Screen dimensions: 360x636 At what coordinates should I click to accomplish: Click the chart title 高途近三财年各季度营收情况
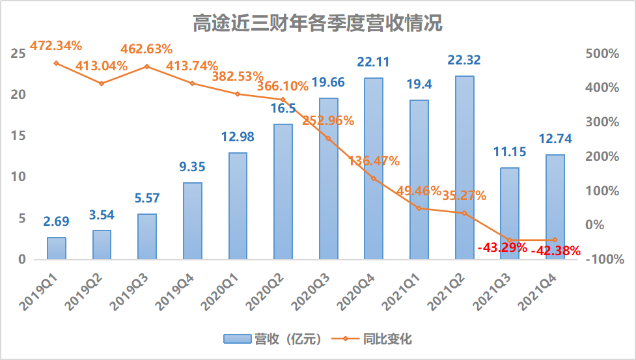point(318,24)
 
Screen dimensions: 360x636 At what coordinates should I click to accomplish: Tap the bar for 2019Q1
point(57,248)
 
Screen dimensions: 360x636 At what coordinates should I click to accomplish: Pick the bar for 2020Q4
point(374,169)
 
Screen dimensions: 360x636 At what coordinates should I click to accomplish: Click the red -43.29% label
point(502,247)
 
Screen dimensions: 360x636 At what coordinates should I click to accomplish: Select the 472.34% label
point(56,46)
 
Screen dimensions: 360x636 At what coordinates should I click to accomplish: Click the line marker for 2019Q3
point(147,66)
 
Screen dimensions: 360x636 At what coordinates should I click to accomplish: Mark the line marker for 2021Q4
point(555,240)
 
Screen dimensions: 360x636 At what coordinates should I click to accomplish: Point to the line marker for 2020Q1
point(238,94)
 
